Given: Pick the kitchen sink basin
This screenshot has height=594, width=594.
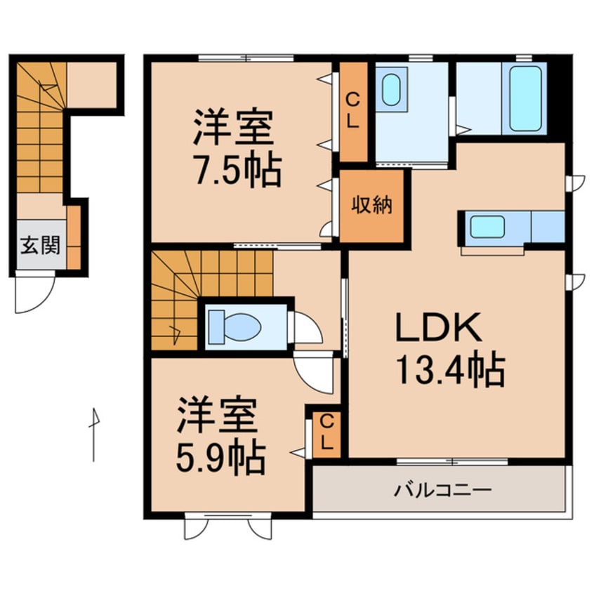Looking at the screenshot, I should (x=487, y=227).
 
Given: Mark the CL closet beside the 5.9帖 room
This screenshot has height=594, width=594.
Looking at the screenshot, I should (x=326, y=434).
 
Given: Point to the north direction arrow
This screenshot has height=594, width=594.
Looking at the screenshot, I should (x=93, y=432).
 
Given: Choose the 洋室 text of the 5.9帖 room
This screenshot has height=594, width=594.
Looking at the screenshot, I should (x=217, y=416).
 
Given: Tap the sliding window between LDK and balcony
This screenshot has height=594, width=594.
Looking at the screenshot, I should (x=452, y=461).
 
